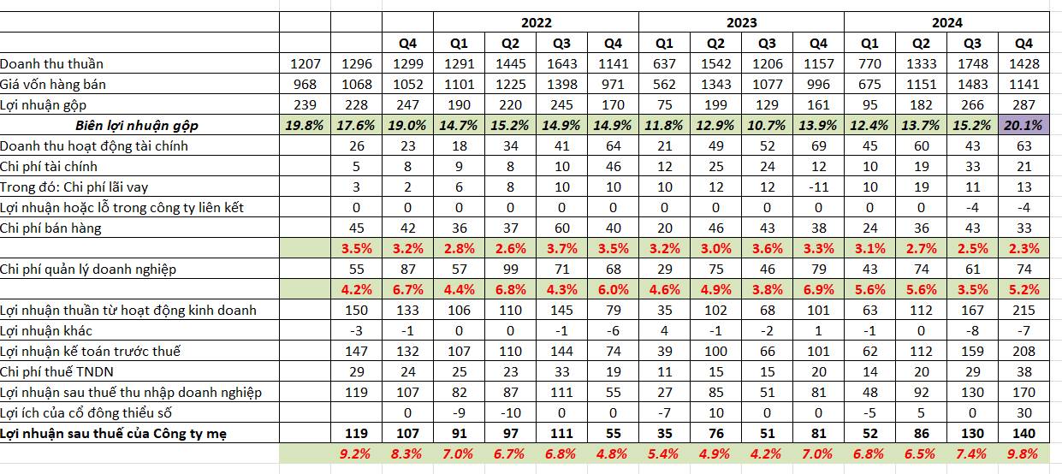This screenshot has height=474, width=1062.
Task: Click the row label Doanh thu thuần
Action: (52, 63)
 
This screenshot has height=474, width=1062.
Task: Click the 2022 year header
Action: (537, 23)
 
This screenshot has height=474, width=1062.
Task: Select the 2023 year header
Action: (741, 23)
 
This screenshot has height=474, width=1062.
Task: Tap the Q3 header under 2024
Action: (972, 44)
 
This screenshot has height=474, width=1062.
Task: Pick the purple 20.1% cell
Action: (1023, 125)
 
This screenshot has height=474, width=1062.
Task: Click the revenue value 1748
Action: (972, 63)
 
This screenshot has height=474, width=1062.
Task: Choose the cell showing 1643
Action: (561, 63)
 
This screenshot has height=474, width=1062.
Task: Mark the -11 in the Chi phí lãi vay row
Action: (818, 187)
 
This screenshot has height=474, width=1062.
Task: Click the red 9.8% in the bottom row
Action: (1023, 453)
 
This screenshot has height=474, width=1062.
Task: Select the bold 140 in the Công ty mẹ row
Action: (1023, 433)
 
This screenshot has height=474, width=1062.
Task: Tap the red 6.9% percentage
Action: (818, 289)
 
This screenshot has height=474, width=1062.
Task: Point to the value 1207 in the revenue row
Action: (304, 63)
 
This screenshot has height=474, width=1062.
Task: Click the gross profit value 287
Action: (1023, 104)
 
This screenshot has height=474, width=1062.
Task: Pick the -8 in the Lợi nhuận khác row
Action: (972, 330)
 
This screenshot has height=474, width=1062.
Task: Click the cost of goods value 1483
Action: (972, 84)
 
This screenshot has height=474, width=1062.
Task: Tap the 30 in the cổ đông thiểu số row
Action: (1023, 412)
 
